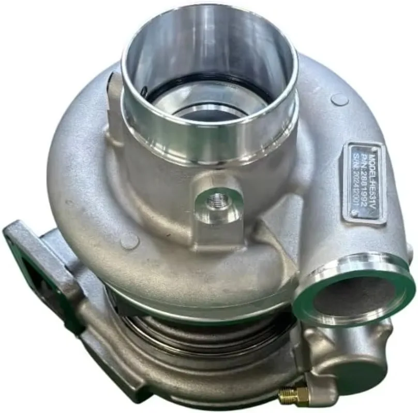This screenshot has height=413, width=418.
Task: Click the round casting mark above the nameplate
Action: (339, 99)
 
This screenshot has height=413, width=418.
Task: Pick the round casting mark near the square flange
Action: (129, 241)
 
